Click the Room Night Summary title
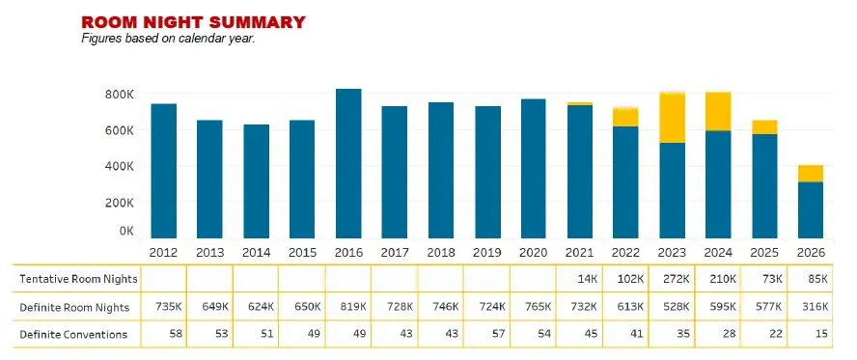tap(193, 22)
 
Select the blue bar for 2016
tap(348, 163)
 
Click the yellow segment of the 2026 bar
tap(811, 174)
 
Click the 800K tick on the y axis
tap(120, 95)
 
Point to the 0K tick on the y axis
tap(126, 232)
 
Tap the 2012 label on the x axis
tap(163, 252)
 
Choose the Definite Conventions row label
tap(73, 334)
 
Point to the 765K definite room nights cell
tap(537, 307)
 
